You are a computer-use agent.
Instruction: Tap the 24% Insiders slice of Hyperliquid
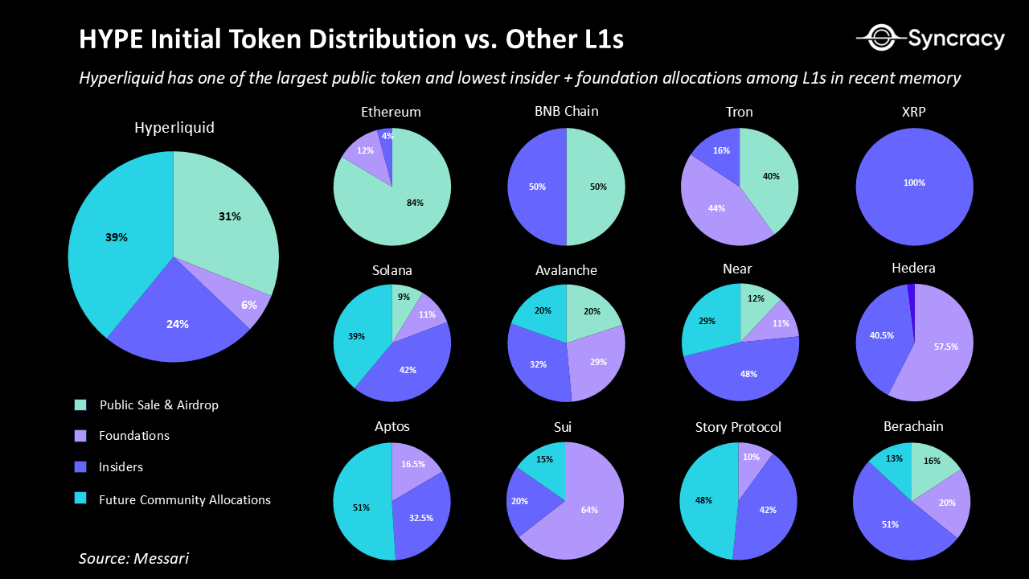click(x=178, y=323)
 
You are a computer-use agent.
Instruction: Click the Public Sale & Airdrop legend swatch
click(x=80, y=404)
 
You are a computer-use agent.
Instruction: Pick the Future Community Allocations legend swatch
click(x=80, y=499)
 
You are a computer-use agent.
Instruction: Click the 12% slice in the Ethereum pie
click(x=366, y=153)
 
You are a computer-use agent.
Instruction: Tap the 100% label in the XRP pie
click(x=914, y=183)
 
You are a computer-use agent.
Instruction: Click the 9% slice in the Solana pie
click(x=404, y=299)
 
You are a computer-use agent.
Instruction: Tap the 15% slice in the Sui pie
click(x=544, y=461)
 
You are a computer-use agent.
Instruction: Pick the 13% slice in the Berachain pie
click(x=892, y=460)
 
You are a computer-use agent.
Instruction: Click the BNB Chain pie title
click(x=567, y=111)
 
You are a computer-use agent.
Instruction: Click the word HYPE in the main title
click(x=108, y=40)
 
